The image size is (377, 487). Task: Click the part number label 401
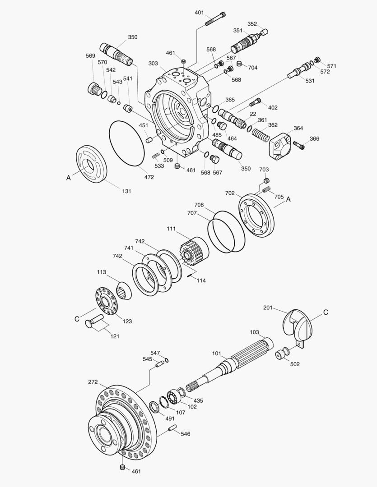[x=199, y=12]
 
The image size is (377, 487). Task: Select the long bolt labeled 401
[x=216, y=19]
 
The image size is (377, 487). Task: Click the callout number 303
[x=153, y=64]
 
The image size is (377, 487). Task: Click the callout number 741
[x=129, y=248]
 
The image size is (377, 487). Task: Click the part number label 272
[x=93, y=382]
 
